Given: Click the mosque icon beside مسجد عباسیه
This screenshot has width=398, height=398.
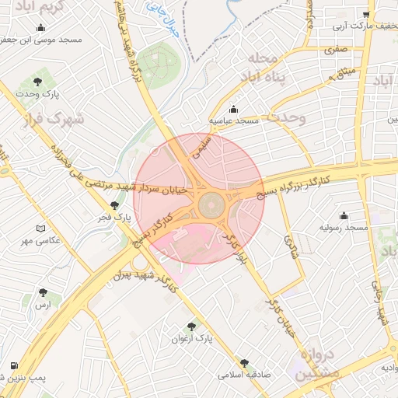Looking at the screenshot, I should [x=233, y=109].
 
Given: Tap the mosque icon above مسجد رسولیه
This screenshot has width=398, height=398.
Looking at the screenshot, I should [x=344, y=215].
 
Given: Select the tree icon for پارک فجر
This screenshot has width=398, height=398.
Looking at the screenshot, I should [x=115, y=205].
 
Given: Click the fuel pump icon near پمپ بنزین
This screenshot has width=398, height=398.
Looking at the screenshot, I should [x=14, y=365].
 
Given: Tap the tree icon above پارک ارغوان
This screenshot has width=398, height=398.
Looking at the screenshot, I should [x=192, y=327].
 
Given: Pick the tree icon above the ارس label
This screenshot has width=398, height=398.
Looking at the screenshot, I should [x=42, y=293].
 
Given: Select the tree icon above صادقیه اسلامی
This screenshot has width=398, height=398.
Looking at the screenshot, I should [x=244, y=362].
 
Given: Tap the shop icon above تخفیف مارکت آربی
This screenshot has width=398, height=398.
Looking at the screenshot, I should [x=366, y=14].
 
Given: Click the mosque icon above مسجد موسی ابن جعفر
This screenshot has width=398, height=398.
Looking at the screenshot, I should [x=41, y=28].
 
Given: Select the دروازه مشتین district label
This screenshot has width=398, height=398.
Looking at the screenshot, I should [x=316, y=363].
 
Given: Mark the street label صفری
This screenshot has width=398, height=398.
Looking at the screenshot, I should [x=336, y=50].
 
